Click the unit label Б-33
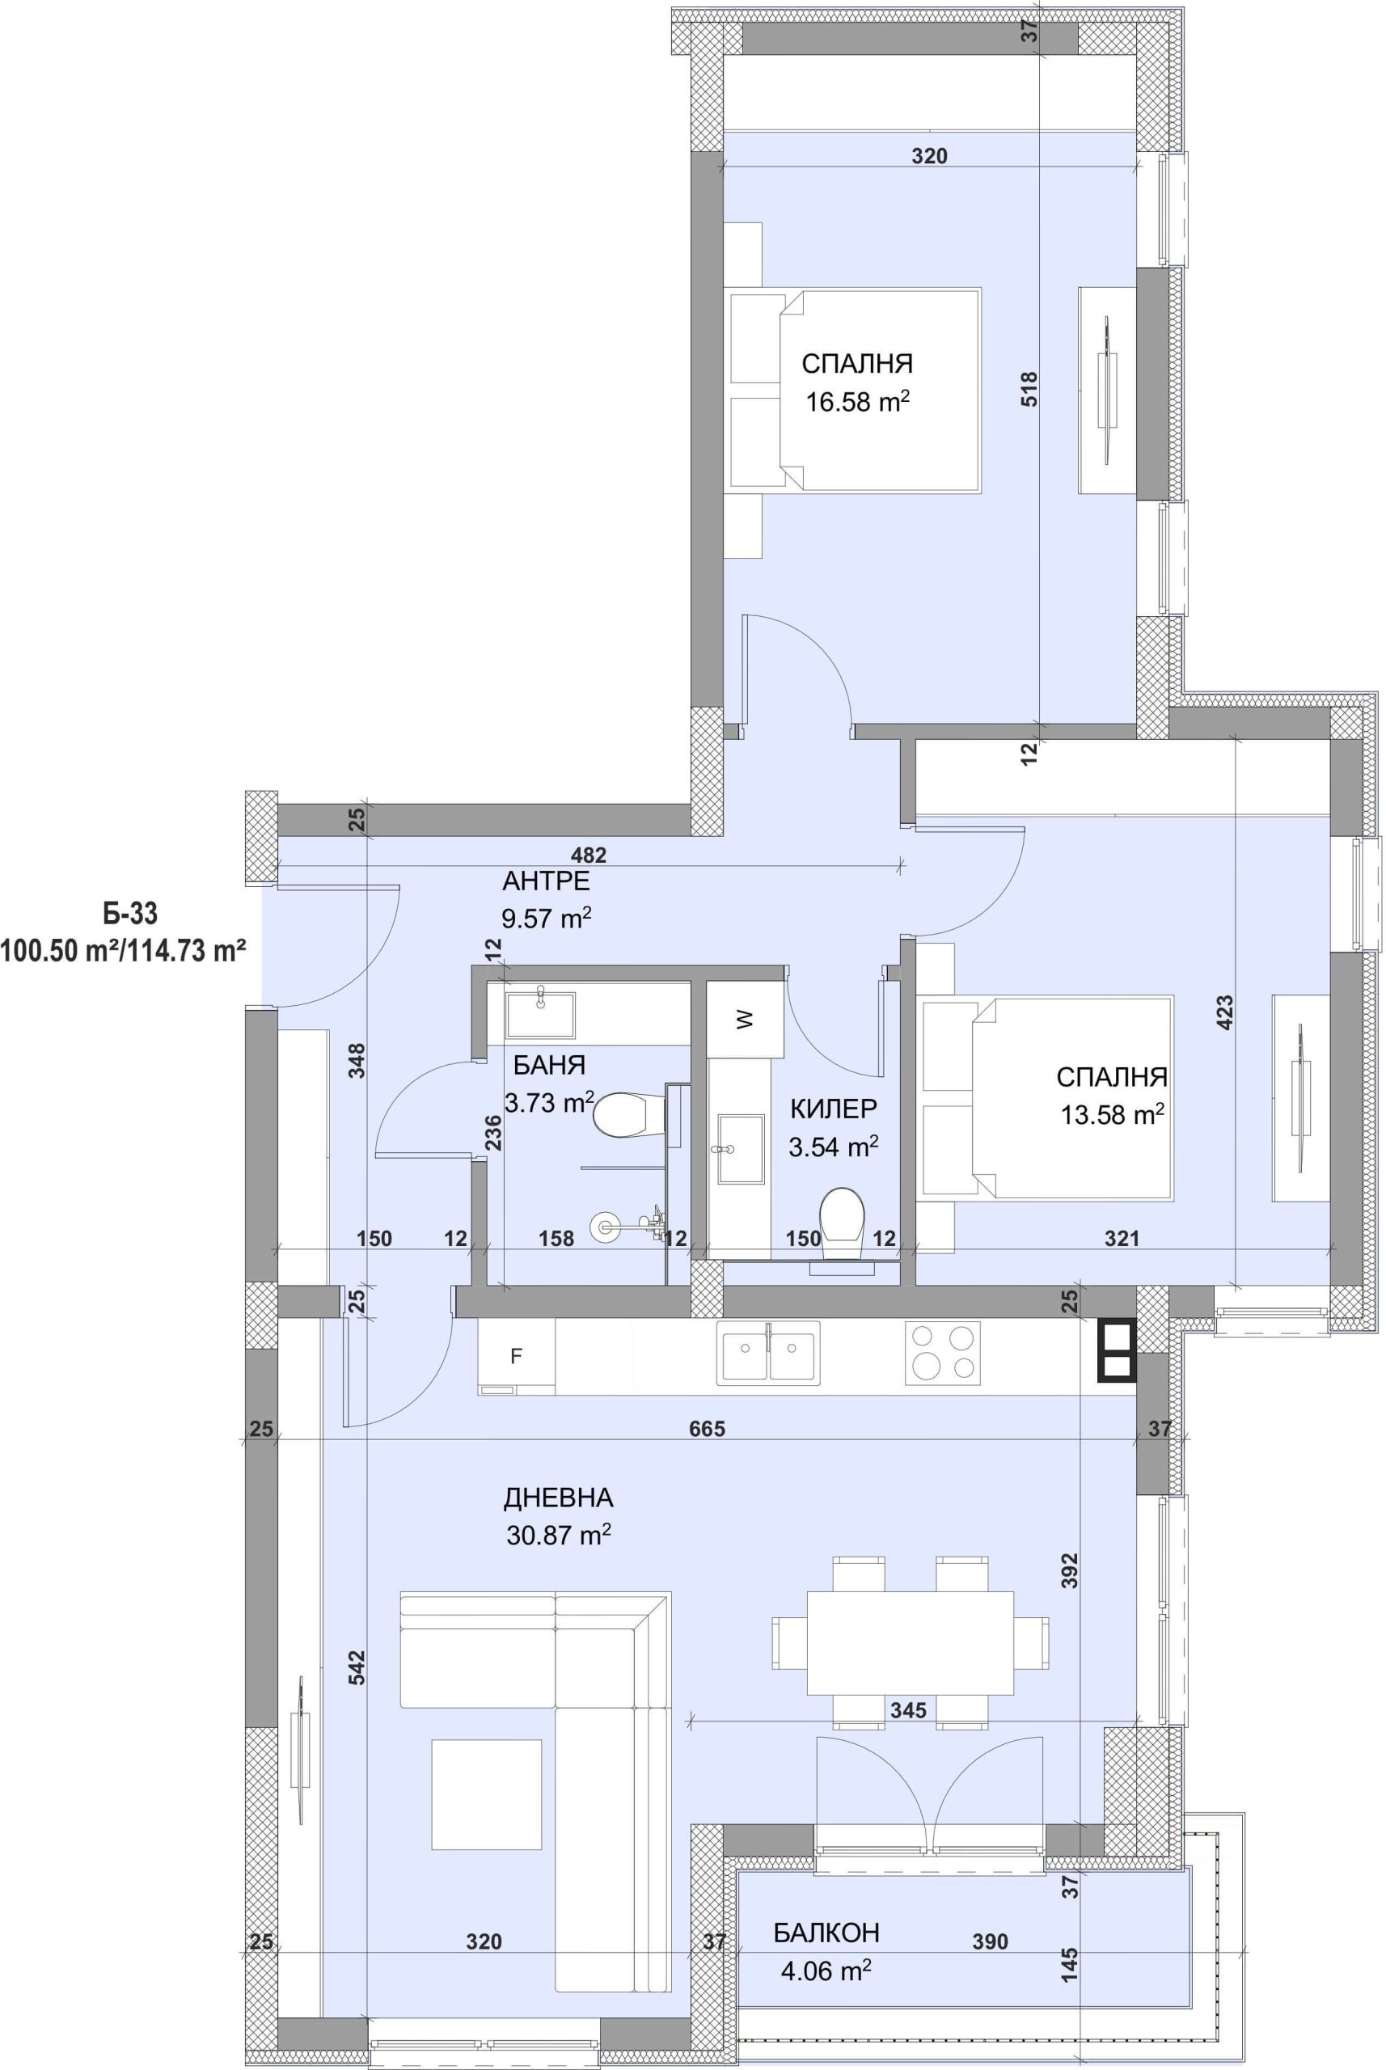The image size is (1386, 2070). point(130,912)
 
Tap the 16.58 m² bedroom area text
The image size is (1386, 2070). point(857,402)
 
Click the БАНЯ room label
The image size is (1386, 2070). point(549,1065)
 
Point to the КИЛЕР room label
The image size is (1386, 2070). point(834,1108)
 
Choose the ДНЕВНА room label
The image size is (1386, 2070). point(558,1498)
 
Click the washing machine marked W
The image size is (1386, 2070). point(745,1019)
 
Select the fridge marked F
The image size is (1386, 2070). point(516,1357)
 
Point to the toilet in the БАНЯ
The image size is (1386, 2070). point(628,1115)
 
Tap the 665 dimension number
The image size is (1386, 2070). point(707,1428)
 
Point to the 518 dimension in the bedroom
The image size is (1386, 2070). point(1029,389)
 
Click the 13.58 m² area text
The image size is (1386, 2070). point(1112,1114)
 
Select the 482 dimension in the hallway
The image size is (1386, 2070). point(589,855)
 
